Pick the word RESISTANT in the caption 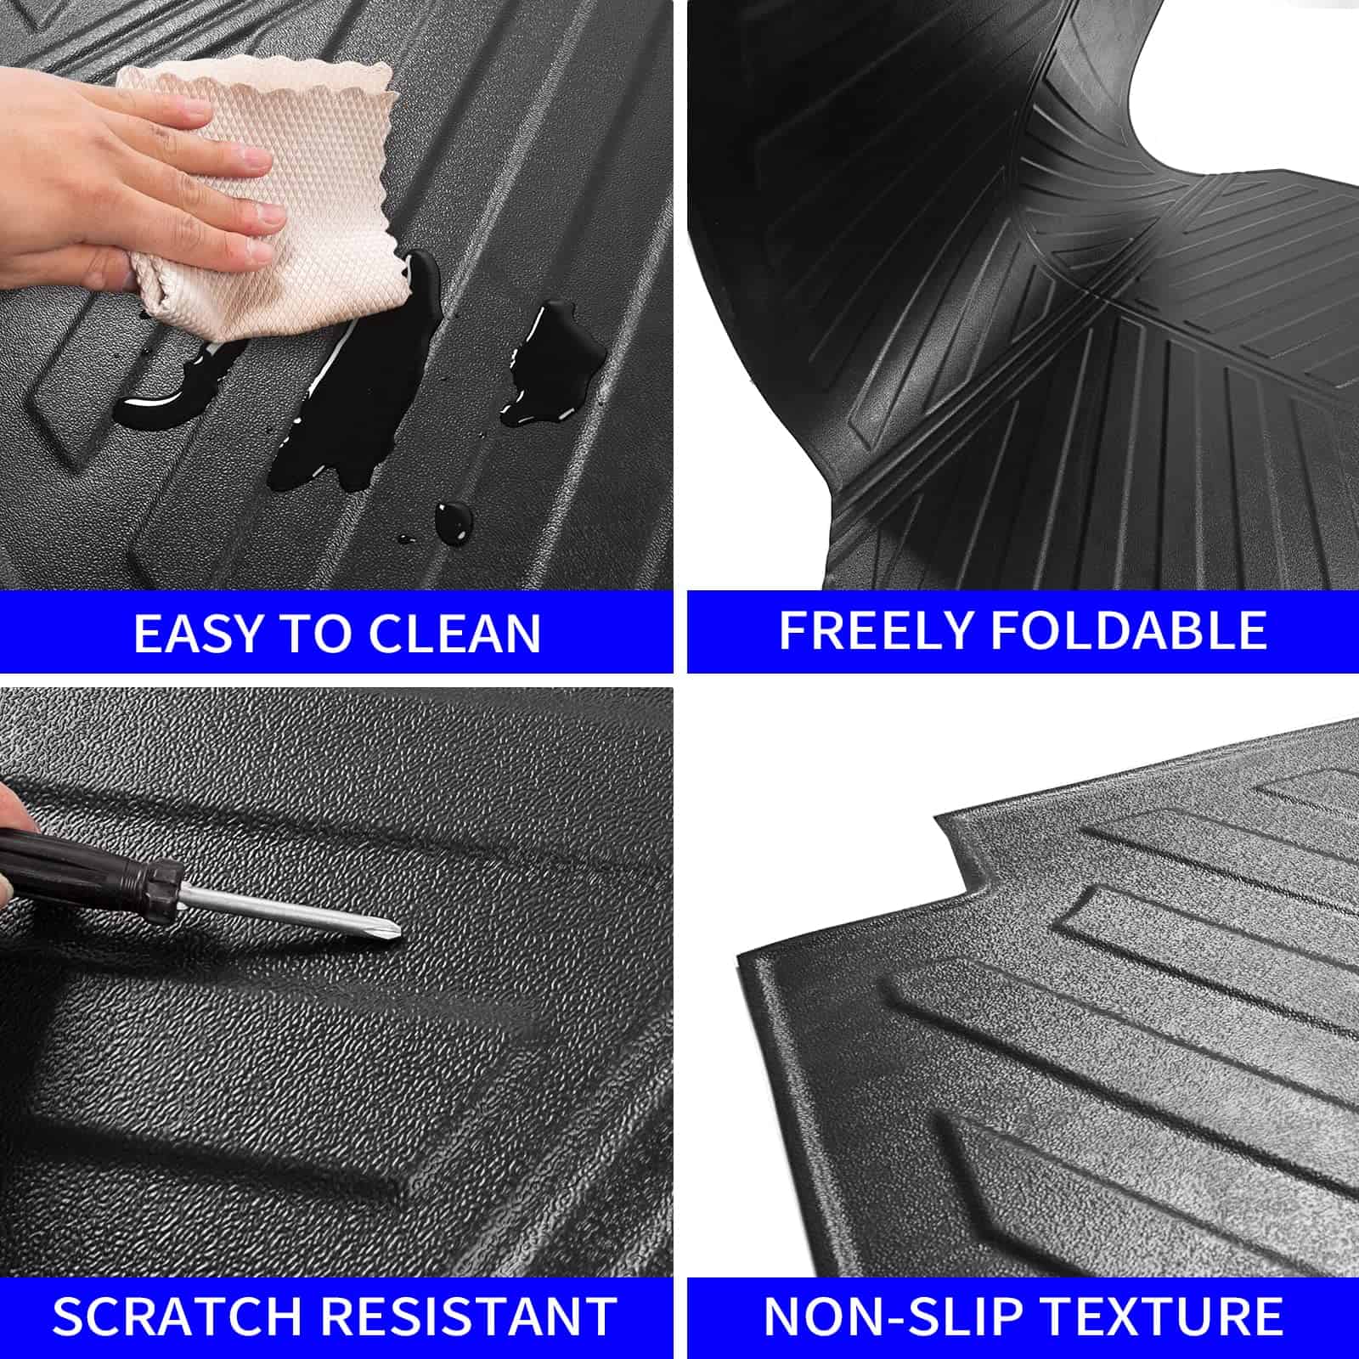click(470, 1316)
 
